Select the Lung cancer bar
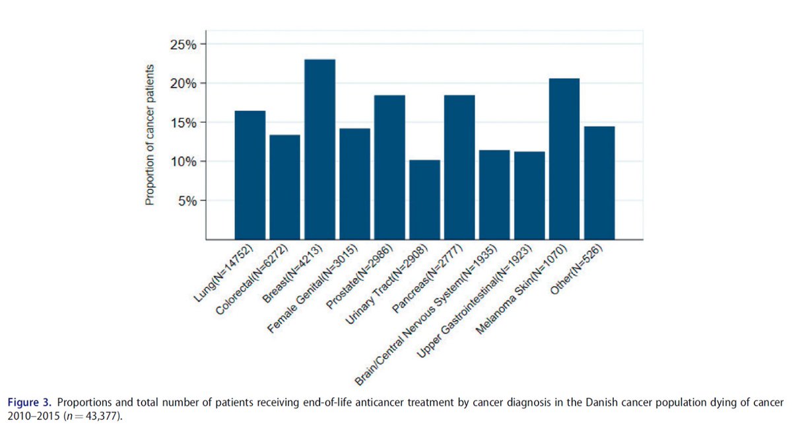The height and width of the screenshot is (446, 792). point(250,175)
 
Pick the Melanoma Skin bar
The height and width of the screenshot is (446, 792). point(564,159)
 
